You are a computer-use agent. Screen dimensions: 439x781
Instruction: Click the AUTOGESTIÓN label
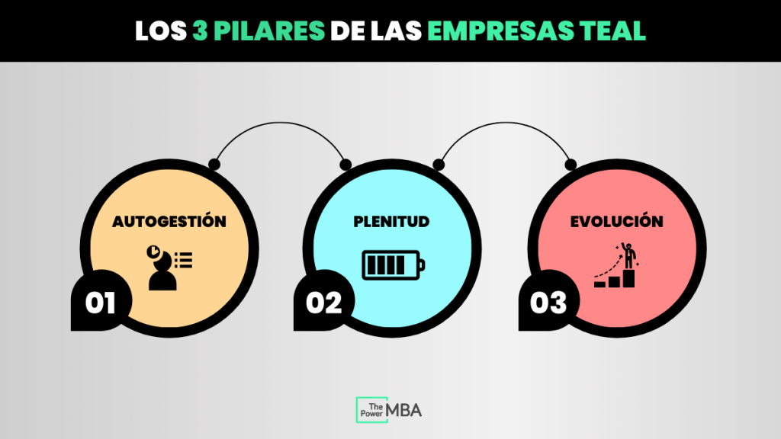(169, 222)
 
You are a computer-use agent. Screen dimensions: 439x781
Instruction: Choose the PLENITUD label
(391, 222)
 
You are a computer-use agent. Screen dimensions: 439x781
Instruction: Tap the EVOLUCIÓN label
(617, 222)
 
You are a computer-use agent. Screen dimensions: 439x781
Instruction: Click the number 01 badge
(100, 303)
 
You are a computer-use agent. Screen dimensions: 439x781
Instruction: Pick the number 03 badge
(548, 303)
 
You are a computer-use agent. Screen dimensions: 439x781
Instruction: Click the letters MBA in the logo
(404, 410)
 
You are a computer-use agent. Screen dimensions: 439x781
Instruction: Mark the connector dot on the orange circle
(214, 163)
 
